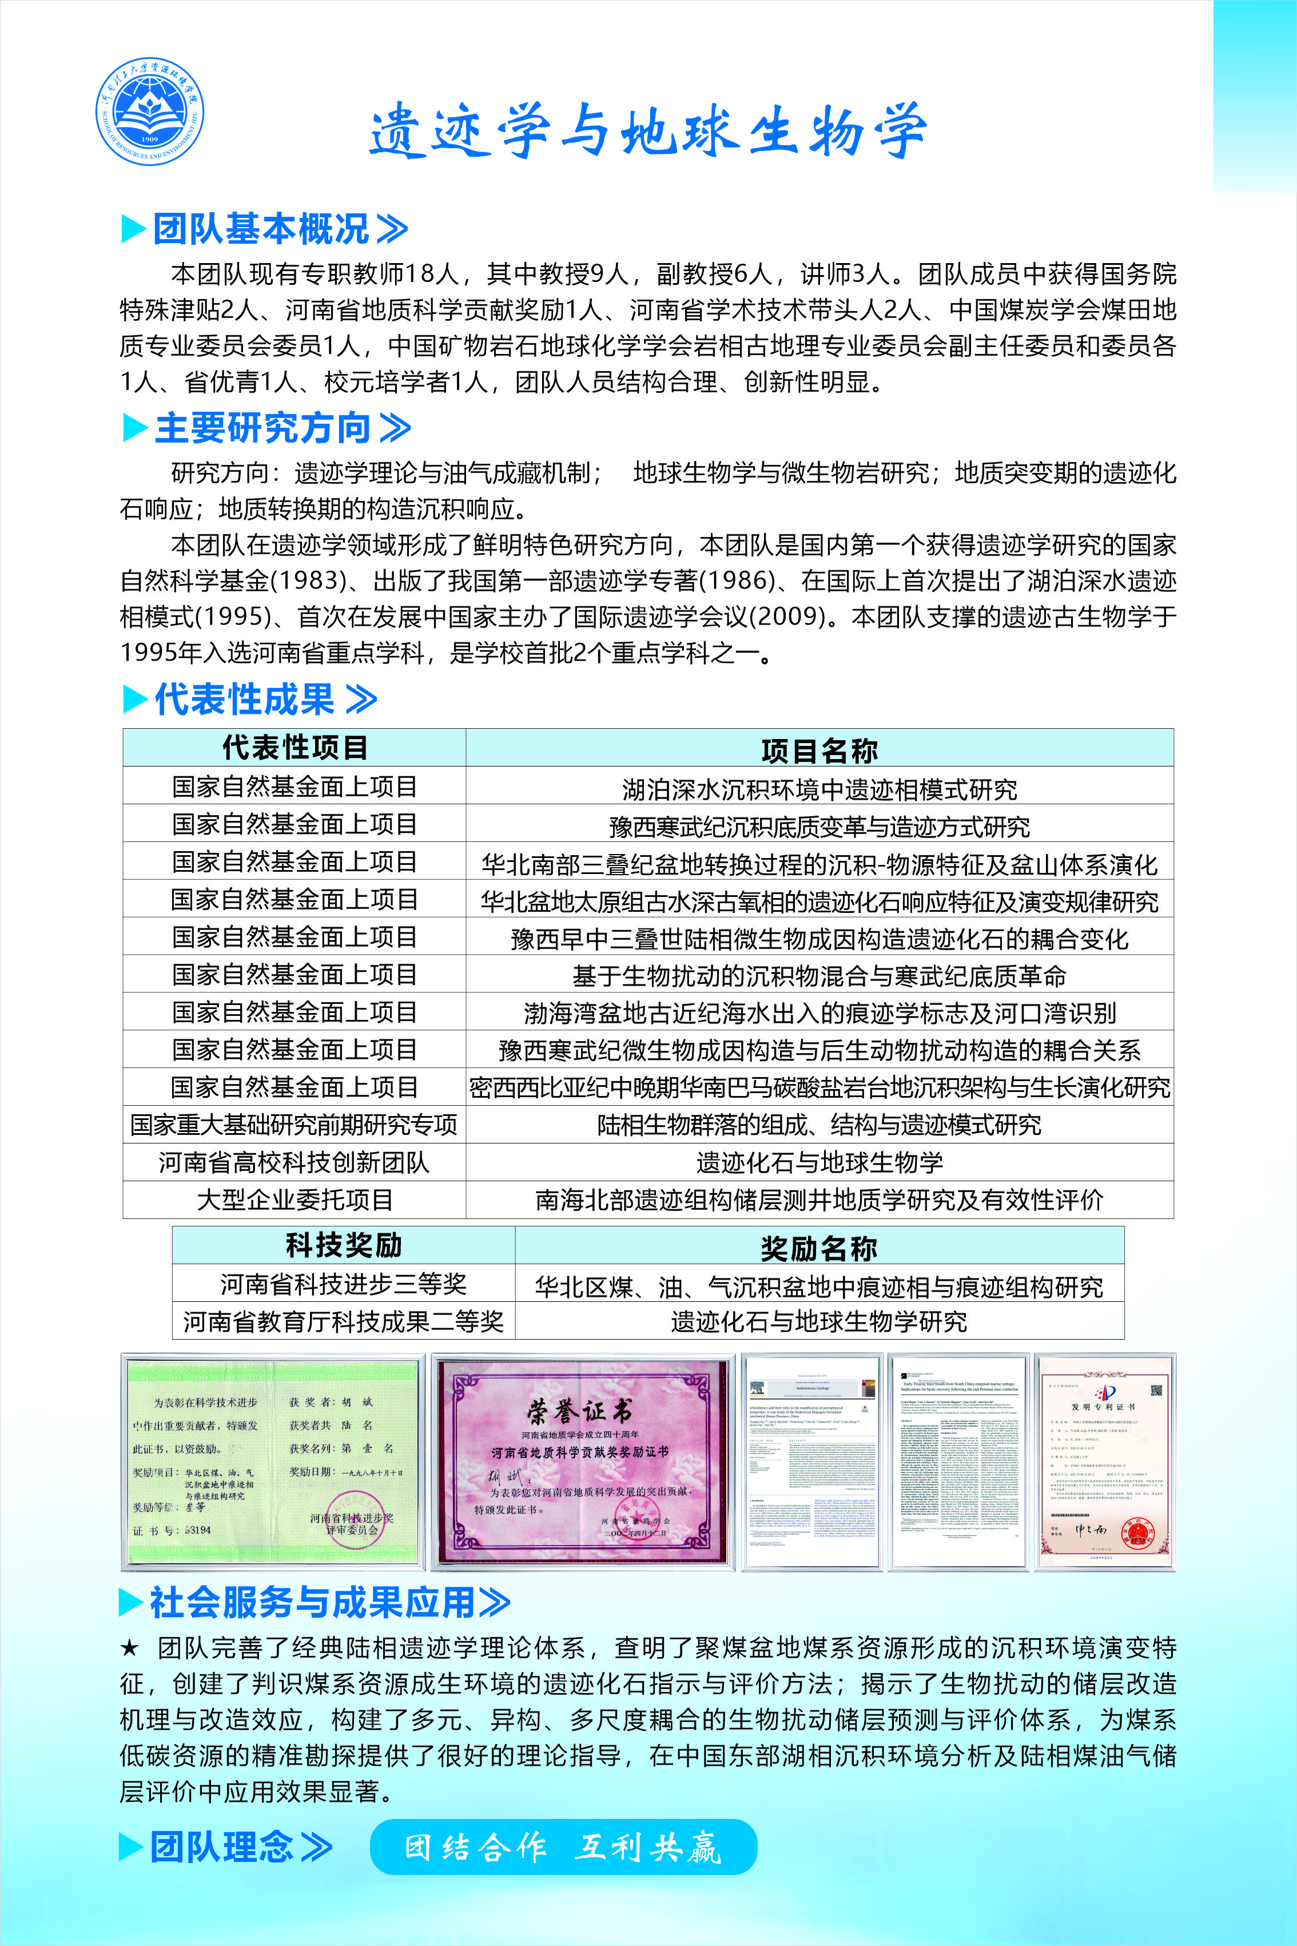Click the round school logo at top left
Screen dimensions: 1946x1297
(x=149, y=111)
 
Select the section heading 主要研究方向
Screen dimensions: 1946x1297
(x=264, y=428)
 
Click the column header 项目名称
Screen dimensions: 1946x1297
(x=819, y=749)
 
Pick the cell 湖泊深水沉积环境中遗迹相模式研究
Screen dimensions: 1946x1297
(x=819, y=788)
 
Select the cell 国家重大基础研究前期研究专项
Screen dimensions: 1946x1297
(x=295, y=1125)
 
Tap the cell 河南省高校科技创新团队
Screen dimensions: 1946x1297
(x=295, y=1162)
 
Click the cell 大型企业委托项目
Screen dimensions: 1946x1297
(x=295, y=1200)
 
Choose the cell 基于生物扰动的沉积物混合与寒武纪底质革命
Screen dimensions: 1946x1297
(x=819, y=975)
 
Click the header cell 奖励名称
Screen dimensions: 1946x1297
(x=819, y=1248)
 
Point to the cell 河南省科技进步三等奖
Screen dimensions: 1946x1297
(x=343, y=1284)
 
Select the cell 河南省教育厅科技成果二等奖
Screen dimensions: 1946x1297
(x=343, y=1321)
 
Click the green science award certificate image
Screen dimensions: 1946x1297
(x=272, y=1463)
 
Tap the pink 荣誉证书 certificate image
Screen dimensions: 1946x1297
(x=583, y=1463)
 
